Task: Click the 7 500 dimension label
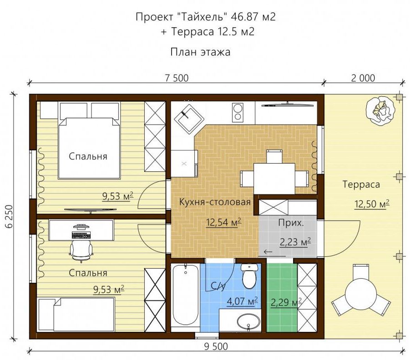click(x=177, y=78)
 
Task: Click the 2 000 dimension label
click(x=363, y=78)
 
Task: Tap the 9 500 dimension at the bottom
click(x=216, y=346)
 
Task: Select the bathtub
click(x=185, y=297)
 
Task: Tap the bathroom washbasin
click(x=248, y=322)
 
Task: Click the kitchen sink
click(x=189, y=119)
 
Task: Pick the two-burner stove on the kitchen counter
click(x=238, y=112)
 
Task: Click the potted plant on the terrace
click(x=380, y=110)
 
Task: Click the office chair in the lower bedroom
click(x=81, y=249)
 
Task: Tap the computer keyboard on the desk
click(x=81, y=236)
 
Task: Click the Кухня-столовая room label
click(x=215, y=202)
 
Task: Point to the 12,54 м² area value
click(x=223, y=222)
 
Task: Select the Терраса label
click(x=361, y=185)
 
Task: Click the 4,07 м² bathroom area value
click(x=243, y=301)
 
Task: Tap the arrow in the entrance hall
click(x=268, y=252)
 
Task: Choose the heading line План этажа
click(x=200, y=52)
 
